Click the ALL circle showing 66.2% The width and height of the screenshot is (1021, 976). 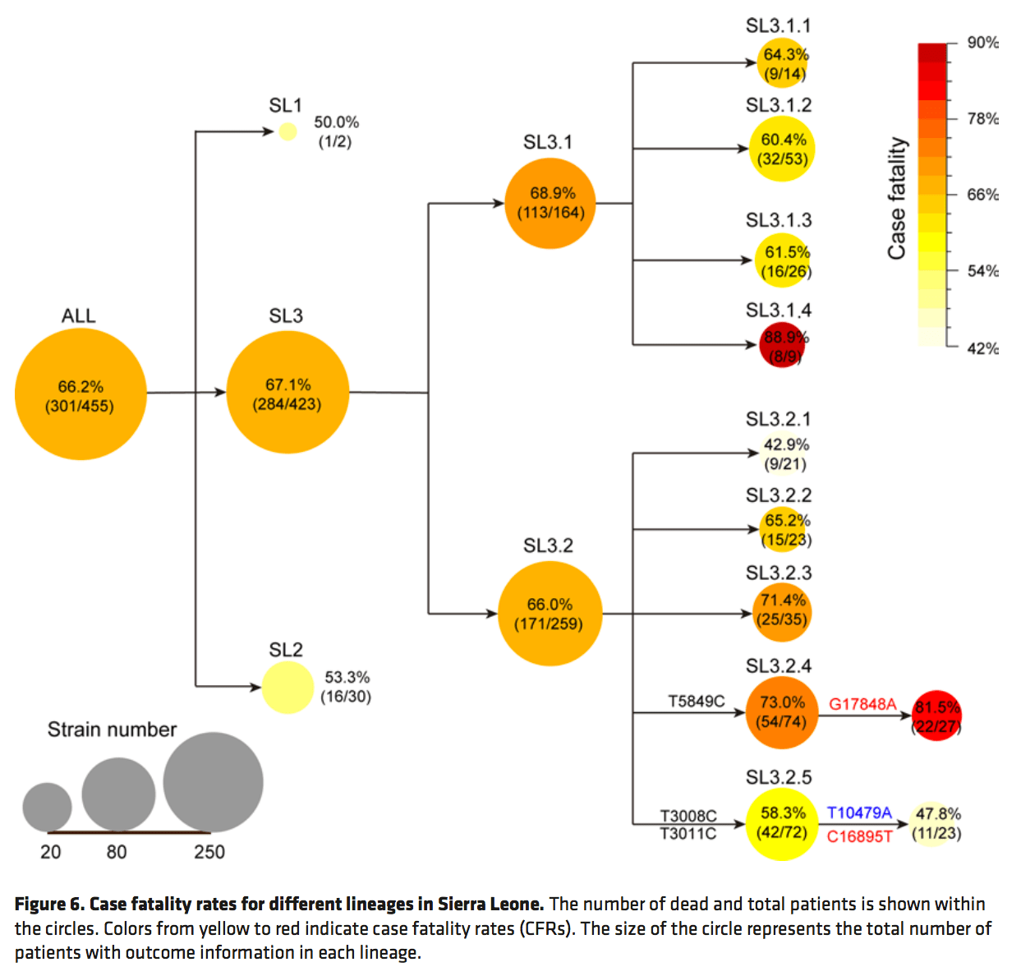click(80, 394)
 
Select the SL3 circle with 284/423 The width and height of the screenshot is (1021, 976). click(287, 393)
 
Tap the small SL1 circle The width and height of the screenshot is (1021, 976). click(287, 131)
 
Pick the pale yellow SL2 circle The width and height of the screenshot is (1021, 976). click(287, 687)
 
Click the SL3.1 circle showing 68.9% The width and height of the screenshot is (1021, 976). click(550, 203)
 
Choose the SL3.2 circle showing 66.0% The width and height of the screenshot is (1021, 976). click(550, 614)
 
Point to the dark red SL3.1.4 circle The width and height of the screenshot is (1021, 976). click(782, 345)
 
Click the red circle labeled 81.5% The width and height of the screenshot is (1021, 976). click(936, 716)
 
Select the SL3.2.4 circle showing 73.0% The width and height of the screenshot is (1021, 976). click(782, 712)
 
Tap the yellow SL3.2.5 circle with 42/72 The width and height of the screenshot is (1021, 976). click(782, 823)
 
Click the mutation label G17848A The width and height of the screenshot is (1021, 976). click(862, 704)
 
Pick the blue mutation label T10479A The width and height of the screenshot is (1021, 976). click(859, 813)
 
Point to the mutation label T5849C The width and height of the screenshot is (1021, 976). click(696, 701)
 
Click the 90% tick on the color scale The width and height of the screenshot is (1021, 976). click(982, 43)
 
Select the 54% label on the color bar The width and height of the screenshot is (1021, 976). click(982, 271)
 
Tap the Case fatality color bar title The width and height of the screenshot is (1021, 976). click(897, 198)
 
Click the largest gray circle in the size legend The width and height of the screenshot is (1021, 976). click(213, 782)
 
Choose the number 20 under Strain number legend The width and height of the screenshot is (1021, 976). click(51, 852)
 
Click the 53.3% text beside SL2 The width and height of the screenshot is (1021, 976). click(347, 677)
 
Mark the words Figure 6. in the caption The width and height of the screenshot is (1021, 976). click(49, 905)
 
